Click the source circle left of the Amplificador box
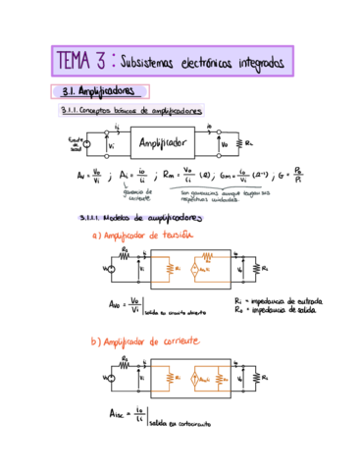86,147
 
